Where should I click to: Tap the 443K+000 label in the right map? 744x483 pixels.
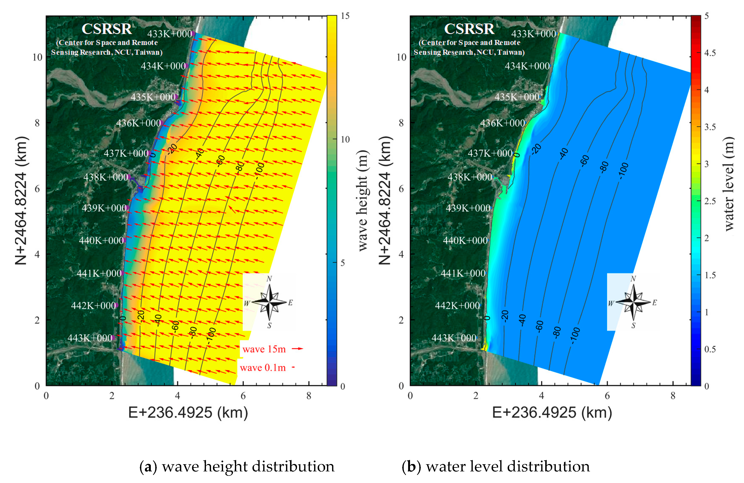click(x=454, y=338)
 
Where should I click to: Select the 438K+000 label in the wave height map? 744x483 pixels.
click(x=106, y=177)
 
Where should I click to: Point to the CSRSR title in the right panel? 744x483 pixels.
click(x=469, y=29)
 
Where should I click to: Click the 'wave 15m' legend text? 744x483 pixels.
click(x=264, y=349)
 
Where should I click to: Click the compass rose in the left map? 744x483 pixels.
click(x=270, y=302)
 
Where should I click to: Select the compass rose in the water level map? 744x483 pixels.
click(x=633, y=302)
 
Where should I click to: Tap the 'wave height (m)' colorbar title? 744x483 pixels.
click(x=363, y=200)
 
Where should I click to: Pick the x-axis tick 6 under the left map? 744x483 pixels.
click(x=243, y=396)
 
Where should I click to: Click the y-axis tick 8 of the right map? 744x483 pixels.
click(x=401, y=123)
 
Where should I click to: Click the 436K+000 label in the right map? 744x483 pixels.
click(x=502, y=123)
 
